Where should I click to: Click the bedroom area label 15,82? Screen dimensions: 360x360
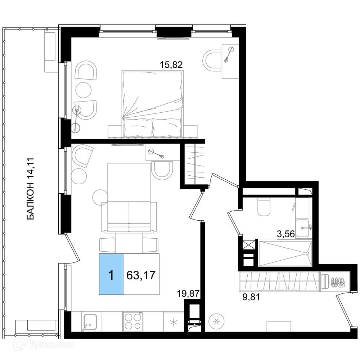(x=171, y=65)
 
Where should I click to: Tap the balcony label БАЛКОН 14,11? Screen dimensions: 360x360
(x=30, y=189)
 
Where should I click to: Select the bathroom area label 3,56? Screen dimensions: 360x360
(x=285, y=234)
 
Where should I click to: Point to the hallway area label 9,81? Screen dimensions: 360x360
(x=251, y=297)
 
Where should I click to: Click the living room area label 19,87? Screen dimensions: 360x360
(x=188, y=294)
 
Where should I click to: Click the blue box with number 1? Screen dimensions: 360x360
(x=111, y=274)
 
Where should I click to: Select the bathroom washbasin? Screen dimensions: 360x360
(x=302, y=228)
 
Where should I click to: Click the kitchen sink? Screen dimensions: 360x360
(x=90, y=323)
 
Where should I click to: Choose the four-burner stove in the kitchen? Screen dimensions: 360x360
(x=133, y=321)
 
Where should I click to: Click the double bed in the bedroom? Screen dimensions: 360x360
(x=153, y=104)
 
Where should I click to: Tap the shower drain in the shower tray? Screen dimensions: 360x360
(x=307, y=253)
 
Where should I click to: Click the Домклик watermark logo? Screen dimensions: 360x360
(x=44, y=345)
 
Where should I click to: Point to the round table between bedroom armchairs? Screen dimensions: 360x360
(x=84, y=90)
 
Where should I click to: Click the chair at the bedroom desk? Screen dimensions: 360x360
(x=212, y=61)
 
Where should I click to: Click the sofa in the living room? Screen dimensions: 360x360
(x=129, y=217)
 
